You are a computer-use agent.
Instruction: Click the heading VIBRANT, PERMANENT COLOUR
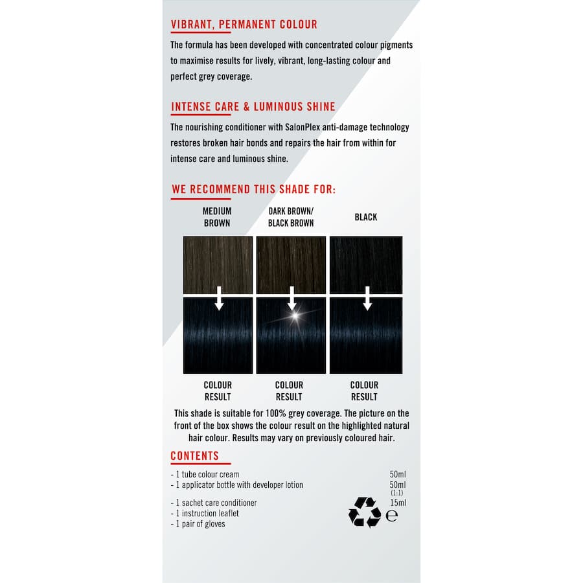[244, 25]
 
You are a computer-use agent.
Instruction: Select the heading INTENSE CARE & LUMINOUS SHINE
[253, 107]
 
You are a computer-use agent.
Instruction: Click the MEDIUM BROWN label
[217, 217]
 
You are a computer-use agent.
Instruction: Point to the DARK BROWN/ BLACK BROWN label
[291, 217]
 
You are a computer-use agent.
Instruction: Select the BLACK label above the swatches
[365, 217]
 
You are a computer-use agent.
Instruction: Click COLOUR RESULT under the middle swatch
[290, 391]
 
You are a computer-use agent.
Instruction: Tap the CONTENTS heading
[195, 455]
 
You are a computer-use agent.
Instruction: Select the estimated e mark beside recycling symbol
[391, 516]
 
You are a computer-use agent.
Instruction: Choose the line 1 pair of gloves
[199, 523]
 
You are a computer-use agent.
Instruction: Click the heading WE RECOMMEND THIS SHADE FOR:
[253, 189]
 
